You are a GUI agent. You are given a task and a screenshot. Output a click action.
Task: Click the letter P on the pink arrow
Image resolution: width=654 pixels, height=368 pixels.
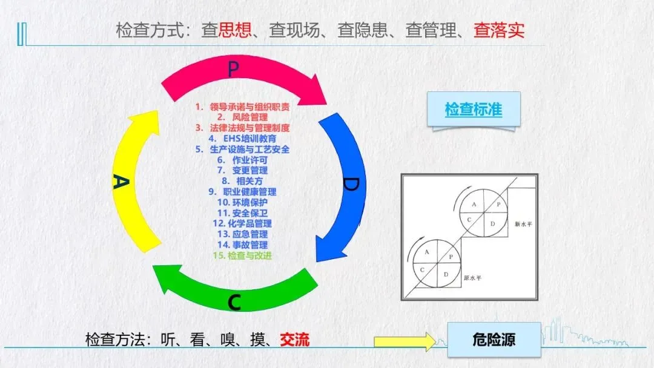click(x=233, y=69)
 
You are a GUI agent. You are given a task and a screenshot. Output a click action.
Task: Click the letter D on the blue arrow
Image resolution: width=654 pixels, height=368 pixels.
click(x=350, y=184)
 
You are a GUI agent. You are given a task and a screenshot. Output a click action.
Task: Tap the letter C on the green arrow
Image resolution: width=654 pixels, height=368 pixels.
click(x=236, y=300)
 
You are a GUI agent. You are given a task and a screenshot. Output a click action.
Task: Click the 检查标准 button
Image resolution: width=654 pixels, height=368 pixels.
click(x=474, y=110)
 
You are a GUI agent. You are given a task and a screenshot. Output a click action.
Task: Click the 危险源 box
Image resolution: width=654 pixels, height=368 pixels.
click(x=494, y=339)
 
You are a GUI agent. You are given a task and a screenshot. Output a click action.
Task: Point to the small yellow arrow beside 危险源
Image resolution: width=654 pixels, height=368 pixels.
click(x=405, y=341)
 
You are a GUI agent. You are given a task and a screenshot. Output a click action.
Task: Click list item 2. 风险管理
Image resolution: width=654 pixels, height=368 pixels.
click(x=242, y=117)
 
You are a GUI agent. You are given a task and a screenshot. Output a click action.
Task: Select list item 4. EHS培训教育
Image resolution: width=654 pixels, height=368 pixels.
click(x=242, y=139)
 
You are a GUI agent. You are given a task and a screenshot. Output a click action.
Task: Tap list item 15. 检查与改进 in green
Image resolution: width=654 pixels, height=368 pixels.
click(x=242, y=255)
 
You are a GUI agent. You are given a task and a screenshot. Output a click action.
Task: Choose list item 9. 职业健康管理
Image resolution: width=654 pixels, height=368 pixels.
click(x=242, y=192)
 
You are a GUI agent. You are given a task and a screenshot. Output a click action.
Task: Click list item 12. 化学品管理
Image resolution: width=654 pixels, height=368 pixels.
click(x=242, y=223)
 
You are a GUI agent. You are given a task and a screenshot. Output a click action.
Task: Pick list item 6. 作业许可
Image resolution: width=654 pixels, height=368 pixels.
click(x=242, y=160)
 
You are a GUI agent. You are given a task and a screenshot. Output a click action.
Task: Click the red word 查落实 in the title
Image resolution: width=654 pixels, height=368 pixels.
click(x=499, y=30)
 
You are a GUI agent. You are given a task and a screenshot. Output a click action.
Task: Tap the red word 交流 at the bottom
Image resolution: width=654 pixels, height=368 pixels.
click(x=294, y=339)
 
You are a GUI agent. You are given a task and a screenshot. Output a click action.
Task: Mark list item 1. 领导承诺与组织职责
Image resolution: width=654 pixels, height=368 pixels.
click(x=242, y=107)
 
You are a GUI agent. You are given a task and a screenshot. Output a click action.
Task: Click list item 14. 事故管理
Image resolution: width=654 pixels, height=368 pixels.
click(x=242, y=245)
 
